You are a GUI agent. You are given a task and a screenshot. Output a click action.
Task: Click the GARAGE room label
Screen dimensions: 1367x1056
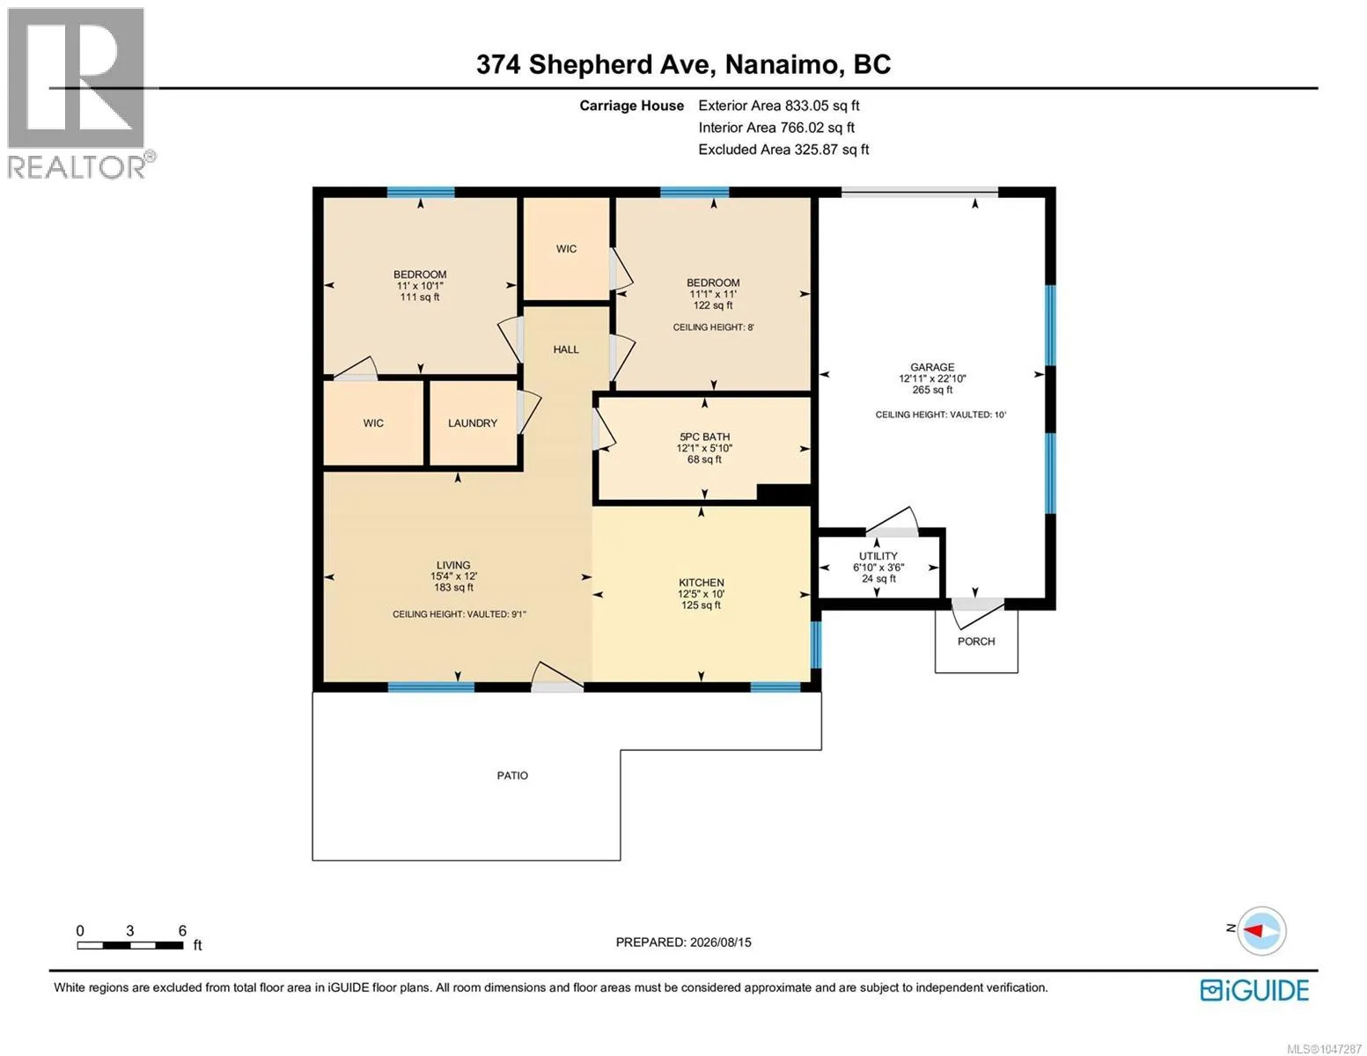(931, 367)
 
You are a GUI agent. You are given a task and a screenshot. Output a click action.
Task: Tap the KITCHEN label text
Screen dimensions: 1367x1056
(701, 583)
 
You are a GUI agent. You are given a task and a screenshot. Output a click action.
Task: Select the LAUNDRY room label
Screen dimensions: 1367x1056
(473, 423)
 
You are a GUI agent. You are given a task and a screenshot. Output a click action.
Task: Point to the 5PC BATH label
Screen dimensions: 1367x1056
(704, 436)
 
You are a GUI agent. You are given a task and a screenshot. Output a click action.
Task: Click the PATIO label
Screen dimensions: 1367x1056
(512, 775)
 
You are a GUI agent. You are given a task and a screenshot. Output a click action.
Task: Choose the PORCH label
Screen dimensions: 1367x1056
(975, 642)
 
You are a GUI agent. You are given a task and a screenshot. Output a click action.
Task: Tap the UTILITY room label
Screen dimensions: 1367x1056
(878, 556)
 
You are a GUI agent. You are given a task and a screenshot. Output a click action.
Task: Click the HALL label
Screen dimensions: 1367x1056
(565, 349)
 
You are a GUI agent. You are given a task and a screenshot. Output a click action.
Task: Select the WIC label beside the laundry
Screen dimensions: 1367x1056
(373, 423)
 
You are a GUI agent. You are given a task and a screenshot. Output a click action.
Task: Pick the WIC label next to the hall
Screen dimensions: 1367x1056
(565, 249)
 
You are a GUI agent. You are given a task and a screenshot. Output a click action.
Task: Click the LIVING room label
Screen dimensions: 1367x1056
(453, 565)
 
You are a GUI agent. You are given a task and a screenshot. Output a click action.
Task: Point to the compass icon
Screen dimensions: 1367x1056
(1260, 931)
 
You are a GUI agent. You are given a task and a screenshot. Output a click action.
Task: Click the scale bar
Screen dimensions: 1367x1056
(130, 945)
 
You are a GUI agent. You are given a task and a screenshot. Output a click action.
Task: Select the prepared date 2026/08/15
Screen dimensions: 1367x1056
(720, 942)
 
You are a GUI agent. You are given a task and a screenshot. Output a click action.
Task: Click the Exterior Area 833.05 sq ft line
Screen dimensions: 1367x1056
(778, 106)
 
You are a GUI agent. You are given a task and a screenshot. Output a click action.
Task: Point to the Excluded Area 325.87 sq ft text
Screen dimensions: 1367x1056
(783, 150)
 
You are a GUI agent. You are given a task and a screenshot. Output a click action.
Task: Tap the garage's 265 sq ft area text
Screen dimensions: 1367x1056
(931, 390)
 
